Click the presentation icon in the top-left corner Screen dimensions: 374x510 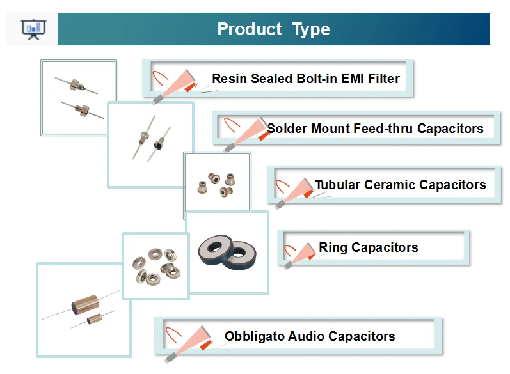click(x=31, y=29)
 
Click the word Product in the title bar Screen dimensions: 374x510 click(x=249, y=29)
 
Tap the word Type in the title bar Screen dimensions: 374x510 click(x=311, y=29)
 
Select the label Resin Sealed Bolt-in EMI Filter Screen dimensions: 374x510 click(x=305, y=79)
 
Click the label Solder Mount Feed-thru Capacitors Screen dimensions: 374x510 click(x=375, y=129)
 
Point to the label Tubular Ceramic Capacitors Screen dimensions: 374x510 click(x=400, y=185)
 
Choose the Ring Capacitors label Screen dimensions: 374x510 click(x=368, y=247)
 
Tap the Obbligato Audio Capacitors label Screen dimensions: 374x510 click(x=310, y=336)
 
